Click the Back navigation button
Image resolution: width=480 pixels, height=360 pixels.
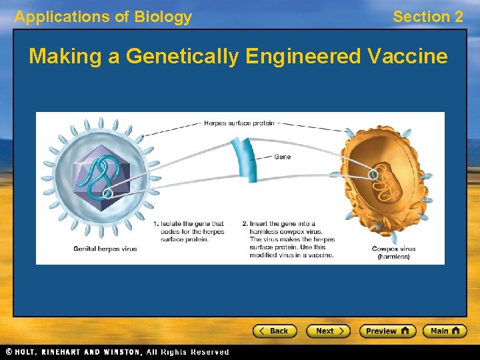[274, 331]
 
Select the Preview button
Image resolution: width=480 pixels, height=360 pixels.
[387, 331]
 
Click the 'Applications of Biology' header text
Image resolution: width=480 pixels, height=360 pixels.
[103, 17]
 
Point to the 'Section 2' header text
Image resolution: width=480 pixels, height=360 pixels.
[427, 17]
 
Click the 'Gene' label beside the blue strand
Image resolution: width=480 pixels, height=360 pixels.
[282, 157]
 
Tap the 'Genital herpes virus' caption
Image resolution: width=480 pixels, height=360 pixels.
[105, 249]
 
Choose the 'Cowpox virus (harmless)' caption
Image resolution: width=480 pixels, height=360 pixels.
[393, 253]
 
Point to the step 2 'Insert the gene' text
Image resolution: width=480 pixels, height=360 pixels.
[288, 239]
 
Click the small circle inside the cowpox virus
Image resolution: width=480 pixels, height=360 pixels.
[373, 175]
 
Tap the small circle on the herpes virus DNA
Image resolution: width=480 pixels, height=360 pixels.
[107, 194]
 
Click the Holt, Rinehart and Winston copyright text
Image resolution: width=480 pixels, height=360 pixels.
[117, 352]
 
